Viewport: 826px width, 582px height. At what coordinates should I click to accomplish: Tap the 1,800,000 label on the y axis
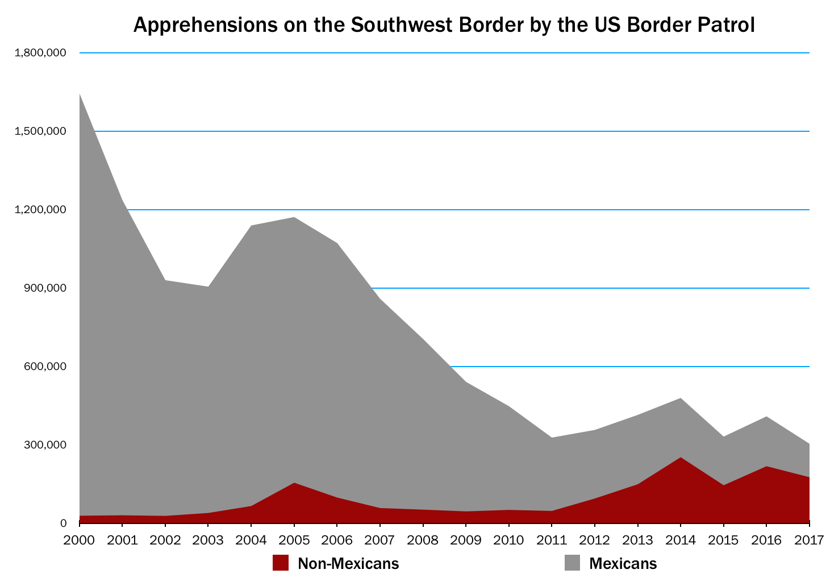tap(41, 53)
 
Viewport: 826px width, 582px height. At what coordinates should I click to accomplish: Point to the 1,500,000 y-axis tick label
tap(41, 131)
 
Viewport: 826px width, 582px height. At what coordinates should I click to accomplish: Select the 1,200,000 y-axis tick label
tap(41, 210)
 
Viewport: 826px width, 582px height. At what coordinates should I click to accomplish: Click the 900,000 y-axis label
tap(45, 288)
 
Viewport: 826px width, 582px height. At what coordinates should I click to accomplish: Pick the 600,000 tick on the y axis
tap(45, 367)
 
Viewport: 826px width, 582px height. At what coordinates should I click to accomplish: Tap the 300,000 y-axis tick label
tap(45, 445)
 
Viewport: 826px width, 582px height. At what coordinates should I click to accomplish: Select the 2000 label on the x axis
tap(80, 539)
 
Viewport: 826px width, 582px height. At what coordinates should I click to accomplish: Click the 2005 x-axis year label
tap(294, 539)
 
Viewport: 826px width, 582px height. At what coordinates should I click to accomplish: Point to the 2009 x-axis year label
tap(466, 539)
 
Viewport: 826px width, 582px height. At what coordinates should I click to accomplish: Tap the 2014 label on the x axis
tap(681, 539)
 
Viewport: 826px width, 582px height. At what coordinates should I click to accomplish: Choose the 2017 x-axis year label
tap(809, 539)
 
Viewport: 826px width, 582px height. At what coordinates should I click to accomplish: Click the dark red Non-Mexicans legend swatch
tap(281, 563)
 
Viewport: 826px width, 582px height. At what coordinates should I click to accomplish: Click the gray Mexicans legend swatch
tap(572, 563)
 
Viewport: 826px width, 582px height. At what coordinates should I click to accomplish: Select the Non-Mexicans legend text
tap(348, 563)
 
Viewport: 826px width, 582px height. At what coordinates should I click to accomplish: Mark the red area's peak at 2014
tap(681, 458)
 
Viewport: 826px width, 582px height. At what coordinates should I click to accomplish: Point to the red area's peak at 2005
tap(294, 483)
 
